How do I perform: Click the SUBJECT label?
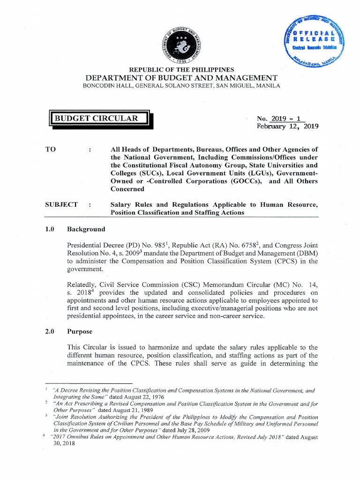pyautogui.click(x=61, y=204)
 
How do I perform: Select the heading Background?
pyautogui.click(x=86, y=229)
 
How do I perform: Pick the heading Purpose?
pyautogui.click(x=80, y=331)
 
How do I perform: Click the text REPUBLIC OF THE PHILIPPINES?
pyautogui.click(x=180, y=70)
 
